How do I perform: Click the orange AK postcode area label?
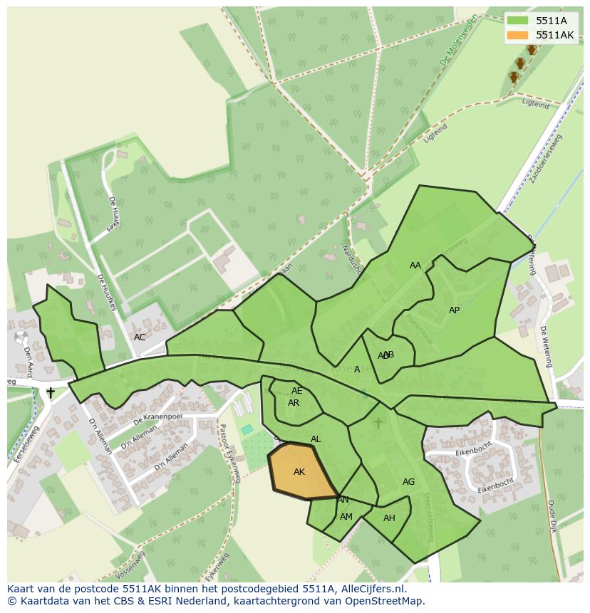[299, 472]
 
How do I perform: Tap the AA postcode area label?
[415, 266]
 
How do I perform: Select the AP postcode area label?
[454, 310]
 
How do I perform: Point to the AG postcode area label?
[408, 482]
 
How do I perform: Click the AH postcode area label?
[389, 518]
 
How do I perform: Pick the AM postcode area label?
[346, 517]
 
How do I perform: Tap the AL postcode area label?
[316, 439]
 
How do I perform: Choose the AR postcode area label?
[294, 403]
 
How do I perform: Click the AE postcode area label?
[297, 391]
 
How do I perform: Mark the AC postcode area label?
[140, 337]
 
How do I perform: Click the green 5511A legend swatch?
[517, 21]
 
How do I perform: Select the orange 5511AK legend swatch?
[517, 35]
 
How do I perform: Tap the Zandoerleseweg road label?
[547, 158]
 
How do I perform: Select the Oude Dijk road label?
[552, 516]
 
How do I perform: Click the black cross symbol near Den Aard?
[51, 392]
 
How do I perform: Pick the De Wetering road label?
[546, 347]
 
